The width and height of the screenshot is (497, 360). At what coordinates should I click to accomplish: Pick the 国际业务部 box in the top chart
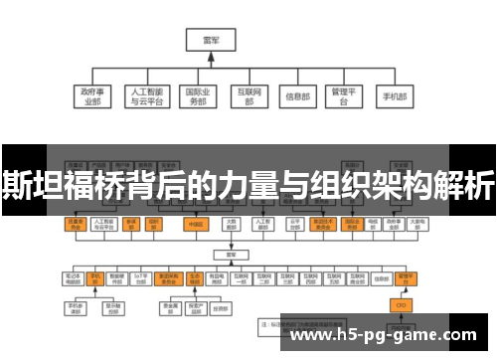199,96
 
